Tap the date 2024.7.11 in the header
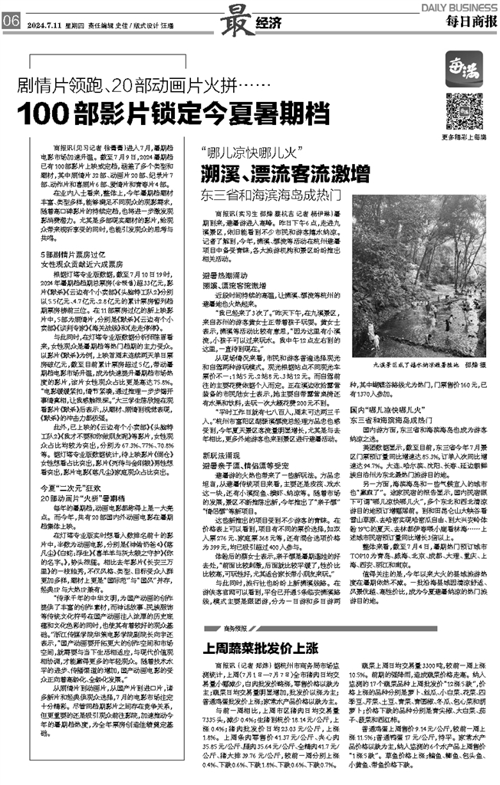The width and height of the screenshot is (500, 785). click(x=44, y=22)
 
